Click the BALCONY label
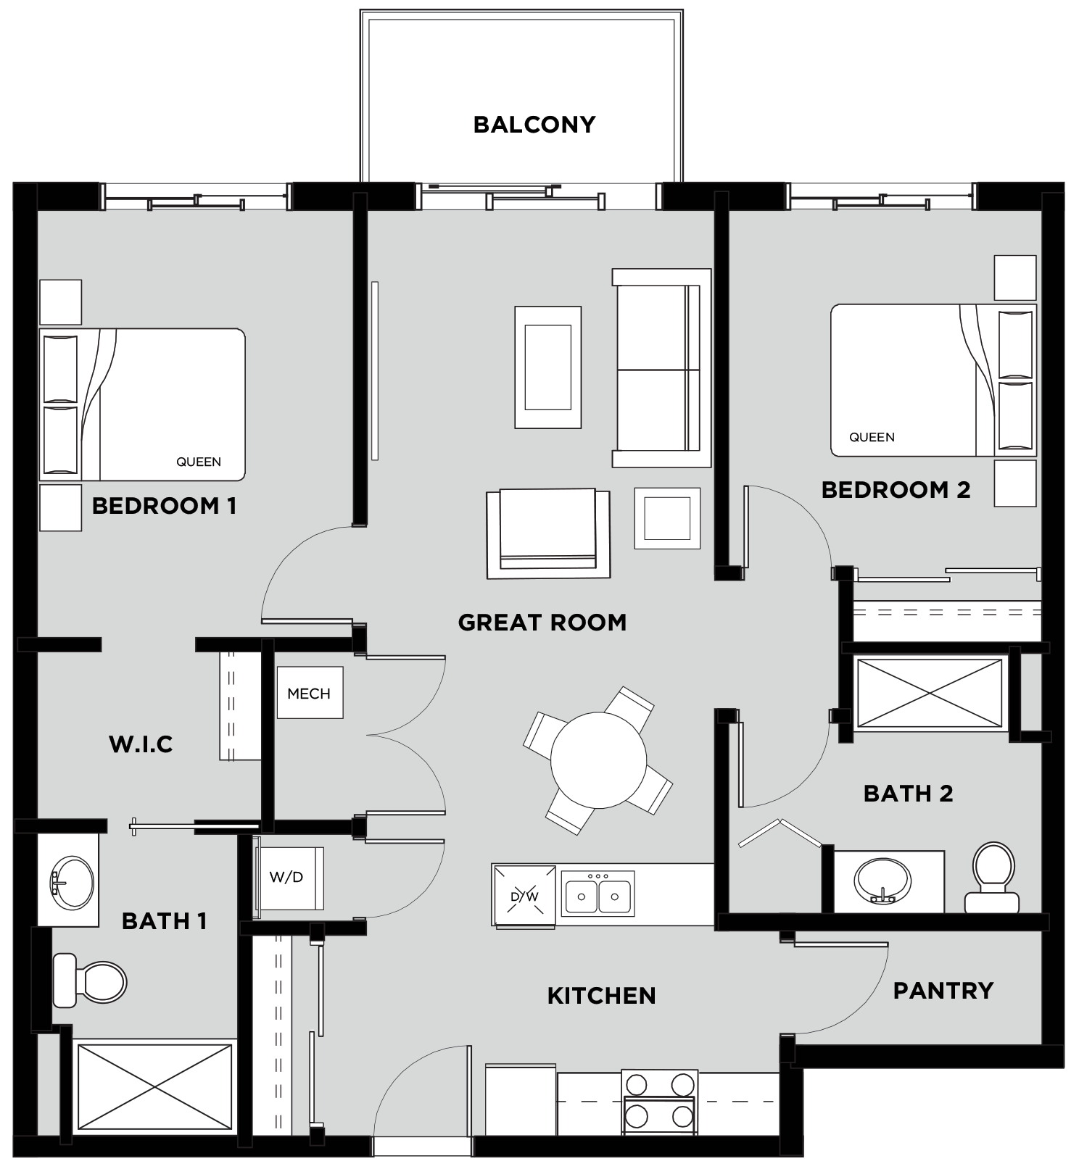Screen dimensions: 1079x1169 point(534,125)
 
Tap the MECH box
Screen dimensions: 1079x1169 point(310,693)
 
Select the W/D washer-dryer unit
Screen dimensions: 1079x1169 point(288,878)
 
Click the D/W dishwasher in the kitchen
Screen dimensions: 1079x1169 point(524,896)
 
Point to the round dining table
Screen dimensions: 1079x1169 point(598,760)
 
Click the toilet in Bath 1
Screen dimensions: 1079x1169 point(90,981)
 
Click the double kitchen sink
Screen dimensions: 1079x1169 point(598,894)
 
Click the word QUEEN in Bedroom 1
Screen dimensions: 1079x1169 point(199,462)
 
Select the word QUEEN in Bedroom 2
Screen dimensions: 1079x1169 point(872,437)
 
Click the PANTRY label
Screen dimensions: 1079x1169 point(943,991)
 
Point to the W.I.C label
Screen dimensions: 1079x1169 point(141,744)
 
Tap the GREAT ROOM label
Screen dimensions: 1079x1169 point(542,623)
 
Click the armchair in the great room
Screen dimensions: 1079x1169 point(547,533)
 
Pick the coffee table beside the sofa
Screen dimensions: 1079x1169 point(547,367)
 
